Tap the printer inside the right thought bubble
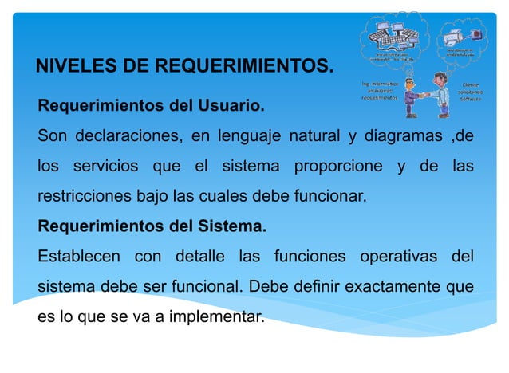coord(476,34)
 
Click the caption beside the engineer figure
coord(379,90)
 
